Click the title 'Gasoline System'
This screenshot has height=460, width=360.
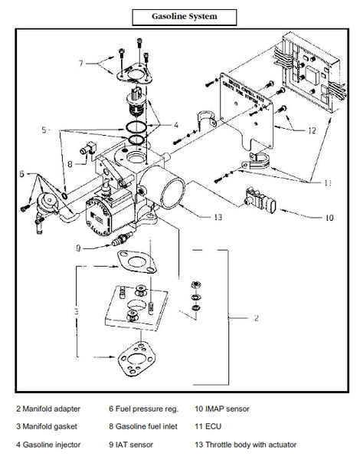179,15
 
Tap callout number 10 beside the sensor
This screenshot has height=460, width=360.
329,218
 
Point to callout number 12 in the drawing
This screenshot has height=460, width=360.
311,130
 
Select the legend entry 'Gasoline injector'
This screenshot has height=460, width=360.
54,443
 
